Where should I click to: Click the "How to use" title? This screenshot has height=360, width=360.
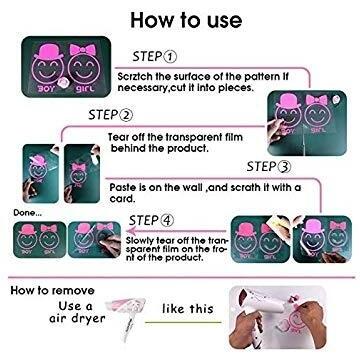coord(186,20)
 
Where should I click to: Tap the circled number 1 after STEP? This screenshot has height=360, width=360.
coord(169,57)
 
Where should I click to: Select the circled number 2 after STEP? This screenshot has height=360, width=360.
coord(126,115)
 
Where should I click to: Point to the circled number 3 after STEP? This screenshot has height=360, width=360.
coord(284,167)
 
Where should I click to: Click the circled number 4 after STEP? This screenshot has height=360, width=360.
coord(166,221)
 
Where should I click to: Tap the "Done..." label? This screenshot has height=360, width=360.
coord(28,213)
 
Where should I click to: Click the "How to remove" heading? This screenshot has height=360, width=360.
coord(52,290)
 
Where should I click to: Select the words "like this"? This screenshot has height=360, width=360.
coord(188,308)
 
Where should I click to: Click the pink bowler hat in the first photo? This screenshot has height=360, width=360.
coord(49,52)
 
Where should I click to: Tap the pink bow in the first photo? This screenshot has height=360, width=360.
coord(82,50)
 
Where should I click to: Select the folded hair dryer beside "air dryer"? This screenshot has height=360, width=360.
coord(126,314)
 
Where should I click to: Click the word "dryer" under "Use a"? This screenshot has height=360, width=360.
coord(87,319)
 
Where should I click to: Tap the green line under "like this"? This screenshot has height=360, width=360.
coord(184,322)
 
